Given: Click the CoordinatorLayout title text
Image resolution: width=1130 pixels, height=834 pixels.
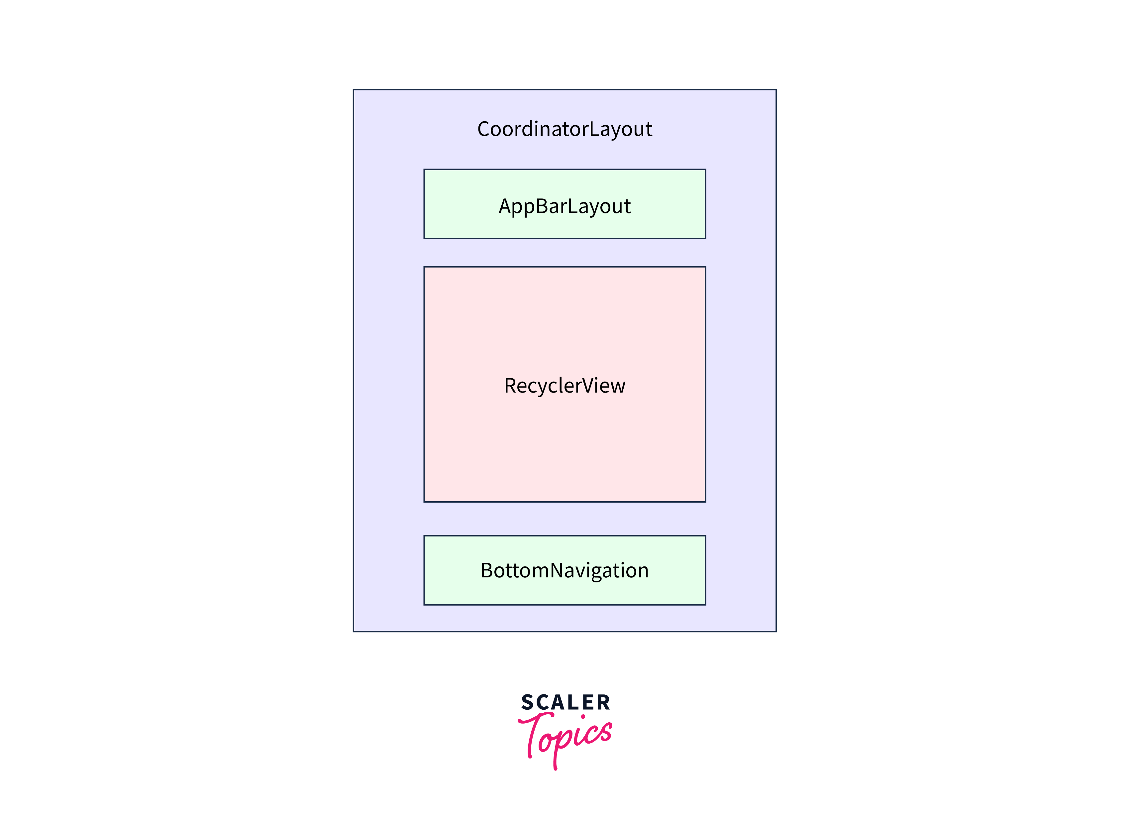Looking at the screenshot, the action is (565, 130).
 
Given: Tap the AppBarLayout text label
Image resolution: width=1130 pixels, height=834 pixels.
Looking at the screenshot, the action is (565, 206).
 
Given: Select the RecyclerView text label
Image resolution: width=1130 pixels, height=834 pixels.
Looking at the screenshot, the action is (565, 386).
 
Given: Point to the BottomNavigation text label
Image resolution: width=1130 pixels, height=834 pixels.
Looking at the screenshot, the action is (565, 571).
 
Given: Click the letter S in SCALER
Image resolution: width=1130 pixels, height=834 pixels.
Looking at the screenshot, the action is (527, 702).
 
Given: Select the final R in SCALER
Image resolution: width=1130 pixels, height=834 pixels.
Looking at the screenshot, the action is (604, 702).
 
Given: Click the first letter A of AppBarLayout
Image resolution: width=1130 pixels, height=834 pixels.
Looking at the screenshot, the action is (506, 206).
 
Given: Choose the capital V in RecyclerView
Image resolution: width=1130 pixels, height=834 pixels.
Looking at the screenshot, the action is (589, 386).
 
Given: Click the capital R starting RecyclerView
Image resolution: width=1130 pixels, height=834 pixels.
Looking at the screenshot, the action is (511, 386).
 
